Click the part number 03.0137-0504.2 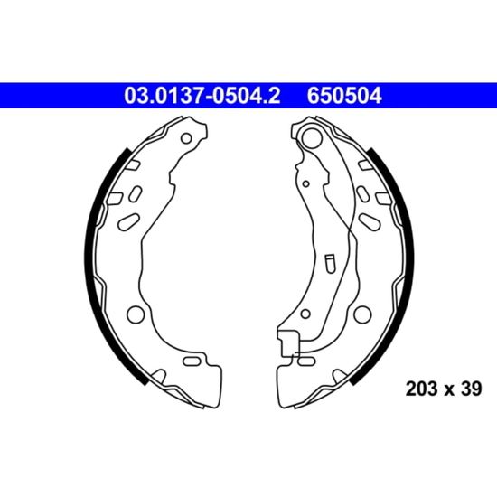(202, 96)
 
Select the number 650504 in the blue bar (344, 96)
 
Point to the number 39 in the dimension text (471, 389)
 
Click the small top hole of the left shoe (186, 138)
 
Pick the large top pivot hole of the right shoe (311, 137)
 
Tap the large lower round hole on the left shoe (136, 314)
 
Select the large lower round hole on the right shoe (362, 314)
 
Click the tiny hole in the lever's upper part (305, 183)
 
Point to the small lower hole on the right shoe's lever (305, 314)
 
